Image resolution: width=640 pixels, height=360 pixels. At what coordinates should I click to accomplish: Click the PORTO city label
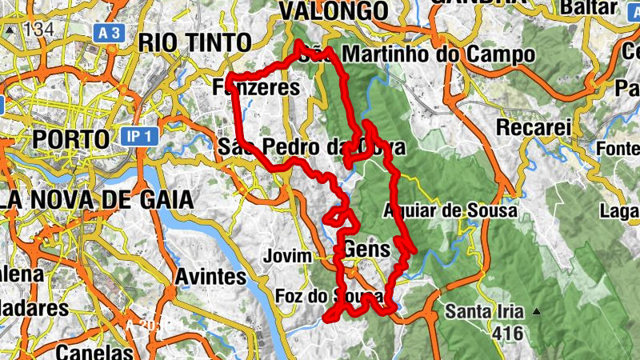(70, 138)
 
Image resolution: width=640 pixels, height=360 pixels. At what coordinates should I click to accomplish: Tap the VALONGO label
(334, 10)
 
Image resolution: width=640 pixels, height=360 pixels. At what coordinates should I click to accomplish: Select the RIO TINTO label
(194, 42)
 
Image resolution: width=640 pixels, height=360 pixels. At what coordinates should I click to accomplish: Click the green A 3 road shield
(111, 33)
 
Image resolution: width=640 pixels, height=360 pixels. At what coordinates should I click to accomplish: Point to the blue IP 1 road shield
(140, 136)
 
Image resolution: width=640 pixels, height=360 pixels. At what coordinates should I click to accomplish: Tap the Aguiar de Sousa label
(450, 210)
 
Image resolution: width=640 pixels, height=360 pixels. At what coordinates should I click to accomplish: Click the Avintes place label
(210, 277)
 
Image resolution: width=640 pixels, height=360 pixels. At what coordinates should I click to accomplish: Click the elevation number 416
(508, 333)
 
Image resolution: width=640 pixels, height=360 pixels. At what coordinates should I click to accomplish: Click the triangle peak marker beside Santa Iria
(538, 311)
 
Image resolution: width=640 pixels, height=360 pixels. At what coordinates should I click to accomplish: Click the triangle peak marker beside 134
(10, 30)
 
